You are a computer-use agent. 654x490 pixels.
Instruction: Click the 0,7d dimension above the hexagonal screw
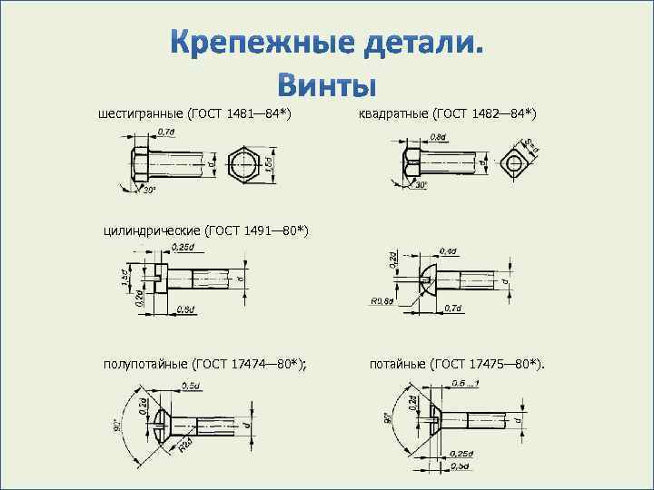166,132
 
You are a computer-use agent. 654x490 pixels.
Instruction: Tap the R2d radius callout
185,445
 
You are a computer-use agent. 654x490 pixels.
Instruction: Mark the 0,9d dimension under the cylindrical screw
186,310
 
